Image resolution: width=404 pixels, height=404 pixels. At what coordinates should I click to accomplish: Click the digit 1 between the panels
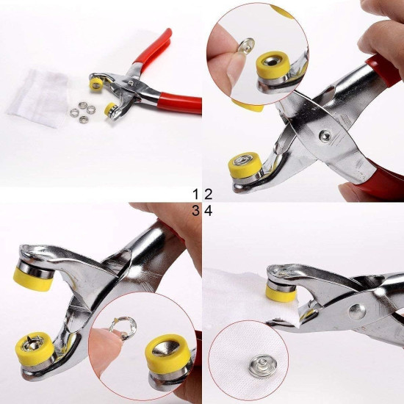196,194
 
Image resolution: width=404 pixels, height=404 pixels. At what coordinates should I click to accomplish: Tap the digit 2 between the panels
208,194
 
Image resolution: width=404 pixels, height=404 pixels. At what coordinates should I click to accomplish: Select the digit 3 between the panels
196,211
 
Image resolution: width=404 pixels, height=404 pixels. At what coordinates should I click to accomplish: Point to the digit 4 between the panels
208,211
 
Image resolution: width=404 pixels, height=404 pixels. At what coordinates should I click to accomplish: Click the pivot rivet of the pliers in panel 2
322,135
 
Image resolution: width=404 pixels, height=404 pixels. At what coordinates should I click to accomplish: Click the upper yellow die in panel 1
95,84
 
